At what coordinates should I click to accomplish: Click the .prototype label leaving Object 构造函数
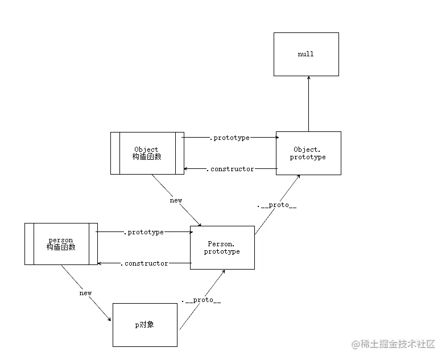point(230,138)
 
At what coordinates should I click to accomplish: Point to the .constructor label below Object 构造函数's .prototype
point(230,169)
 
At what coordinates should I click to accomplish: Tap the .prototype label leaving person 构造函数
point(143,232)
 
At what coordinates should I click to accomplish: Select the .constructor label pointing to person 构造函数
point(144,263)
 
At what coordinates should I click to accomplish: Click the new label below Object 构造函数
point(176,200)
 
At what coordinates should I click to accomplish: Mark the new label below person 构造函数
point(85,293)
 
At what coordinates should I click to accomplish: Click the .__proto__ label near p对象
point(201,300)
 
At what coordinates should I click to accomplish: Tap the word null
point(305,54)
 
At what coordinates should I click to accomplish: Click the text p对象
point(144,325)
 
